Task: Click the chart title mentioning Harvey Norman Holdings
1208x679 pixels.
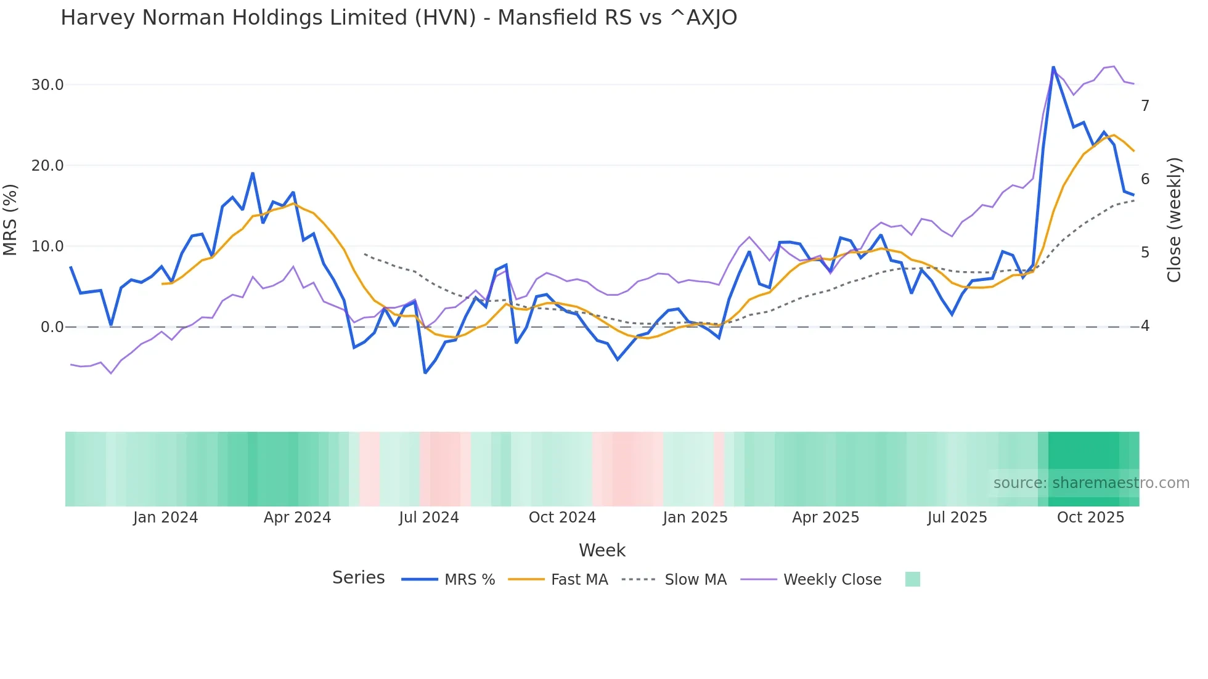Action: tap(398, 18)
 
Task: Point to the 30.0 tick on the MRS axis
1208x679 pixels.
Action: tap(47, 85)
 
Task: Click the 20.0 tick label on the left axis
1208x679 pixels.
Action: tap(47, 166)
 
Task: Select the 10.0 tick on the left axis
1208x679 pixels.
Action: tap(47, 246)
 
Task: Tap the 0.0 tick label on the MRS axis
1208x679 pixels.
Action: tap(52, 327)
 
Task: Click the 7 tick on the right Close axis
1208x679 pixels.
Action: tap(1145, 106)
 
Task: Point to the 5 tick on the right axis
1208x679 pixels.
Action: tap(1145, 253)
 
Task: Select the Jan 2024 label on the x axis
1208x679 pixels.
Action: tap(165, 518)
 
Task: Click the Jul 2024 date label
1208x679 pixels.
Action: tap(429, 518)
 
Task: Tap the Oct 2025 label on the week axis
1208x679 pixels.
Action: tap(1090, 518)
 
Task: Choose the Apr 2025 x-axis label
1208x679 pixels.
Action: tap(825, 518)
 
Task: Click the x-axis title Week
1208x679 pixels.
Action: tap(602, 550)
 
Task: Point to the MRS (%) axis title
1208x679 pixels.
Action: tap(10, 219)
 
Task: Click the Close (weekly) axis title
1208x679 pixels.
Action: tap(1174, 220)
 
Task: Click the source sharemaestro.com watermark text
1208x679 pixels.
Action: tap(1091, 483)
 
